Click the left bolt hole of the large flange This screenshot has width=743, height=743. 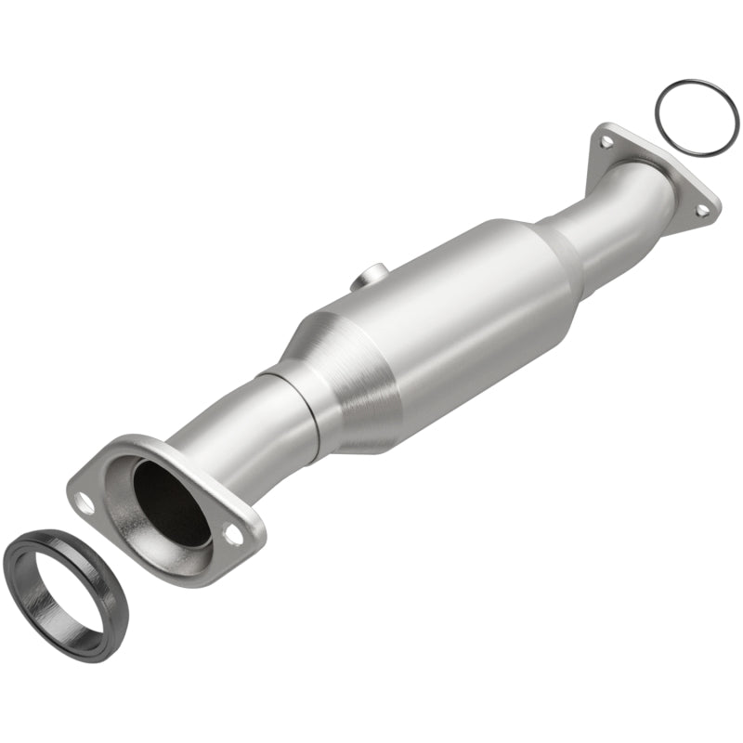click(85, 505)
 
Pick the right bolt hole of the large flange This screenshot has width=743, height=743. click(233, 537)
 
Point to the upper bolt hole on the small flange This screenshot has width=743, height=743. click(606, 142)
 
